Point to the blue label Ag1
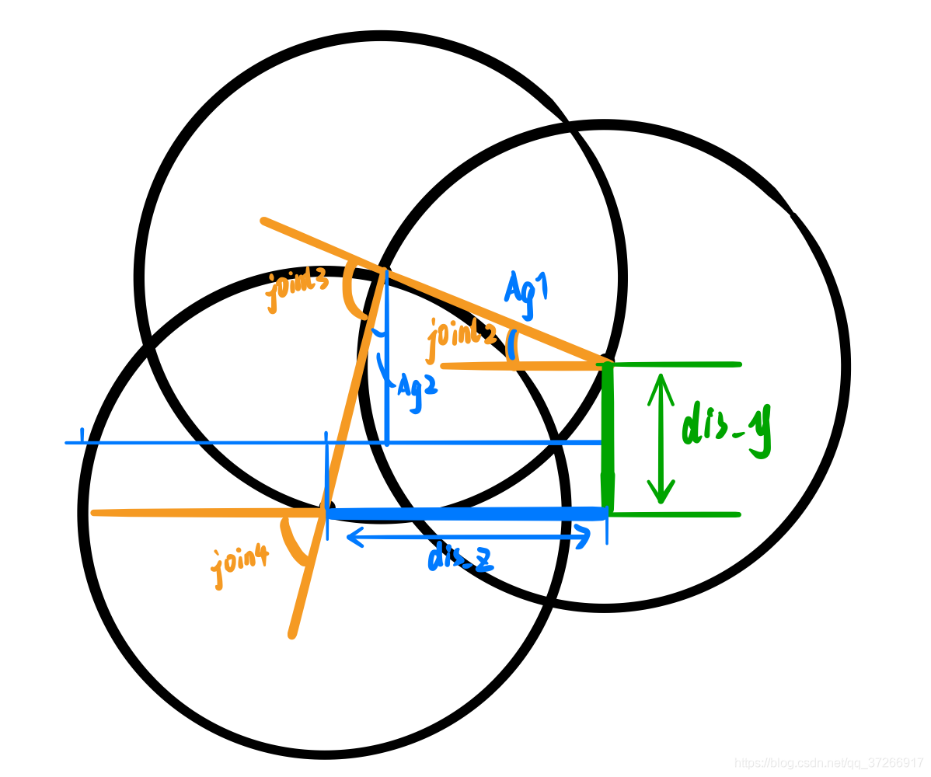(526, 294)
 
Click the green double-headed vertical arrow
(661, 438)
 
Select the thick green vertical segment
(608, 439)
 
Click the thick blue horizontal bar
(466, 514)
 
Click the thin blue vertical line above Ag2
(387, 357)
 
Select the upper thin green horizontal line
(676, 364)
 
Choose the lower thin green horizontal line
(676, 514)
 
